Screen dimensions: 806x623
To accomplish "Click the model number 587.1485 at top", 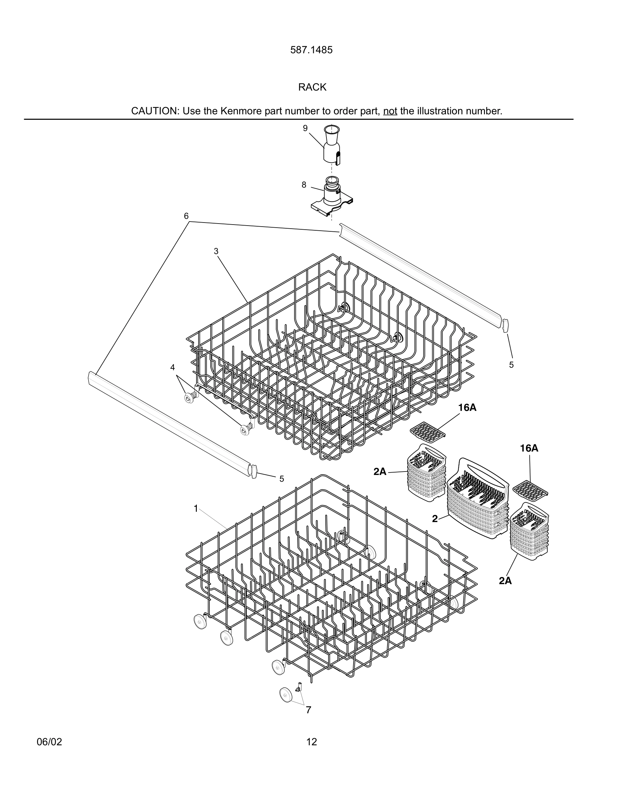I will pos(311,50).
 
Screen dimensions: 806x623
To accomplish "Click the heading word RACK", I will pos(312,88).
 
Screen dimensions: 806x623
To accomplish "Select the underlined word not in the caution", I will pos(390,111).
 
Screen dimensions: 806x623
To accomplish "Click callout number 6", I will pos(186,216).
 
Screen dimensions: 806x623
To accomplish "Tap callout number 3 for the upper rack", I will pos(216,251).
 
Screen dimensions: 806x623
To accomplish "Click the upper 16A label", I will pos(467,407).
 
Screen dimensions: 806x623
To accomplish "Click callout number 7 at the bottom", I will pos(308,710).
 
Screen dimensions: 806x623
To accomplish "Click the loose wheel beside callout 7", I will pos(286,695).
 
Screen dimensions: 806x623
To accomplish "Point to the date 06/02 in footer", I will pos(50,742).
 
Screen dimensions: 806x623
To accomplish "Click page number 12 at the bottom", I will pos(311,742).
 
